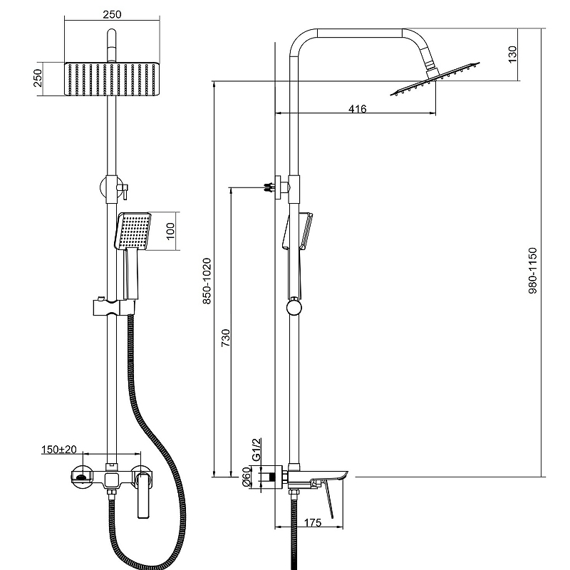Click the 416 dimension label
pos(357,109)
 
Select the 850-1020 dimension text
pos(207,281)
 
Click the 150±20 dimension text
pos(63,450)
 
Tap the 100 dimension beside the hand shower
pos(171,232)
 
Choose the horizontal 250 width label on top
pos(111,14)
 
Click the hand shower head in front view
pos(133,232)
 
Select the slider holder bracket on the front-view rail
pos(111,309)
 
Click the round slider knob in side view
pos(293,307)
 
